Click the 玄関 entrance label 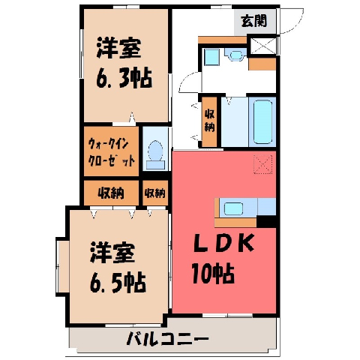pyautogui.click(x=254, y=21)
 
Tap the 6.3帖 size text pyautogui.click(x=124, y=78)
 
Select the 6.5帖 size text pyautogui.click(x=118, y=283)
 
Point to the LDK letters pyautogui.click(x=224, y=243)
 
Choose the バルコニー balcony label pyautogui.click(x=167, y=339)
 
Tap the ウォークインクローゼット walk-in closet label pyautogui.click(x=112, y=153)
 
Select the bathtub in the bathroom pyautogui.click(x=262, y=121)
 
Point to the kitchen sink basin pyautogui.click(x=233, y=208)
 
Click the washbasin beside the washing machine pyautogui.click(x=235, y=55)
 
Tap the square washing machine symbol pyautogui.click(x=212, y=57)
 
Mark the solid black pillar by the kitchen pyautogui.click(x=266, y=221)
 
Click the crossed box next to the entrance pyautogui.click(x=263, y=46)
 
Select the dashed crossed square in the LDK pyautogui.click(x=263, y=164)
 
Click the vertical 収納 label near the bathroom pyautogui.click(x=209, y=121)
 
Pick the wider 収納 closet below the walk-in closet pyautogui.click(x=111, y=193)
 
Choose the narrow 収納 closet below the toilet pyautogui.click(x=155, y=193)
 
